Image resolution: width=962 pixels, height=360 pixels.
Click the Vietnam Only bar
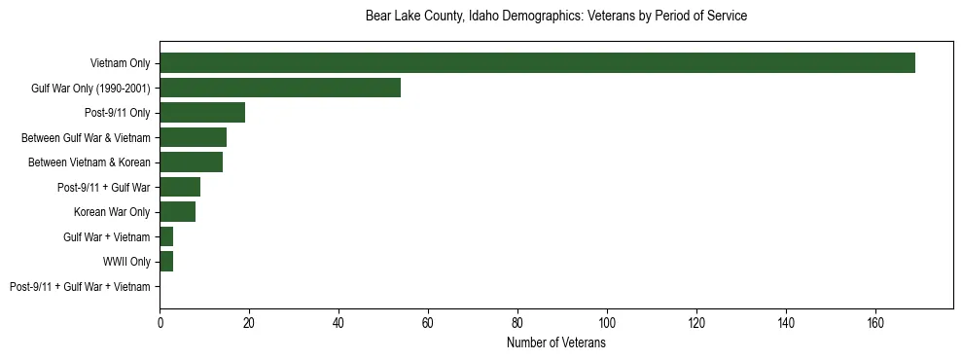click(537, 62)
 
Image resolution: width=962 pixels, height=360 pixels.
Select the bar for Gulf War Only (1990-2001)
click(280, 88)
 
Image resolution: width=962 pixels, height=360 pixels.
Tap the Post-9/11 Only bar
click(202, 112)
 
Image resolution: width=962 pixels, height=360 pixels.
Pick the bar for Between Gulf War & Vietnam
click(193, 137)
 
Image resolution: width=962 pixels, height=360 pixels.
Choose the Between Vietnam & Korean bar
click(191, 162)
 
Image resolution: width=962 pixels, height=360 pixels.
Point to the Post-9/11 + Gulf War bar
click(180, 187)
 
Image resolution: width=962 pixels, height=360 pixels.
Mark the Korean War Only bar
click(177, 211)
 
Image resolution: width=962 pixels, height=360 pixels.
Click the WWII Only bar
click(166, 261)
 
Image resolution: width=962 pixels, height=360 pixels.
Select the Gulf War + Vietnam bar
click(166, 236)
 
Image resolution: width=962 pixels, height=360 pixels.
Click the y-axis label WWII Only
click(126, 262)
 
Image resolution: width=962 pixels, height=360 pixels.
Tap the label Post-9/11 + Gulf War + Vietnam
click(80, 286)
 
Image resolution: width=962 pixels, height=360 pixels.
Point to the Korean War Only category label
click(112, 212)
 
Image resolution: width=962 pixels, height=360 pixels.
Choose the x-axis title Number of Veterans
click(556, 343)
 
